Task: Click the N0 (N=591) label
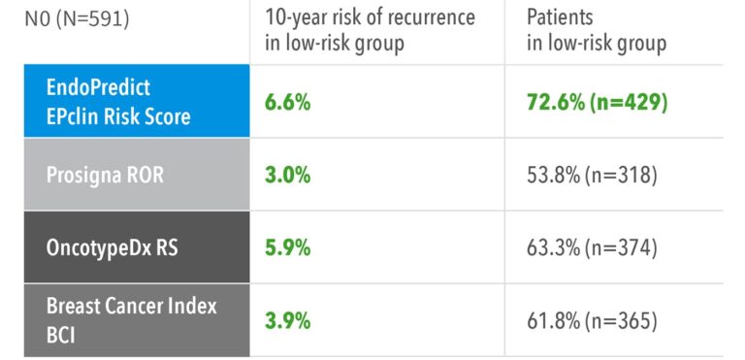[77, 19]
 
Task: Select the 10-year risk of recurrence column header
[370, 30]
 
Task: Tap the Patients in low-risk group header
[597, 30]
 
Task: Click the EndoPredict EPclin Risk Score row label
[118, 102]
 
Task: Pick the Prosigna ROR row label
[105, 175]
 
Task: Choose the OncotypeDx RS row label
[113, 247]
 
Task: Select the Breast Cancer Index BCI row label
[132, 320]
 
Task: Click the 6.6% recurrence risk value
[287, 102]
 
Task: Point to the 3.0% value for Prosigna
[287, 175]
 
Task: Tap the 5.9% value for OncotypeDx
[287, 247]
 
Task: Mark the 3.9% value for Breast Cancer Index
[287, 321]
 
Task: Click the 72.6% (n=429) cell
[598, 103]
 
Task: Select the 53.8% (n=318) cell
[592, 176]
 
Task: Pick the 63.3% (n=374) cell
[592, 248]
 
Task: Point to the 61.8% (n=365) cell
[592, 321]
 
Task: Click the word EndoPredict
[98, 88]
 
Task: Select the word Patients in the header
[560, 18]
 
